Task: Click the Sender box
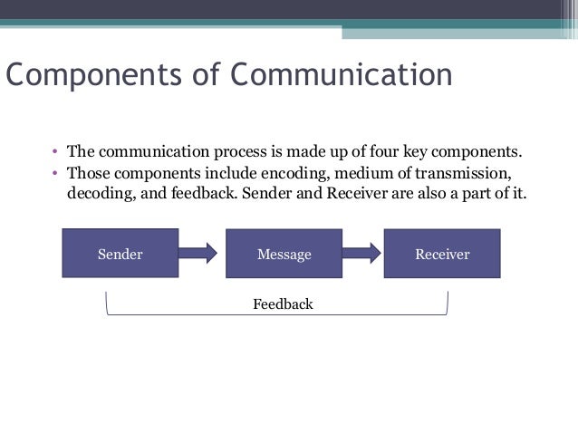pos(120,254)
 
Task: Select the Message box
pos(284,254)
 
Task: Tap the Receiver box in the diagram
pos(442,254)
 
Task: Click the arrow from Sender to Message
pos(197,253)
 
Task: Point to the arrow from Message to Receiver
pos(363,253)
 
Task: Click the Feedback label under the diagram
pos(283,304)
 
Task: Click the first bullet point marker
pos(55,150)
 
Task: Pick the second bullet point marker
pos(55,172)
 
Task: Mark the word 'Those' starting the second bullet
pos(88,172)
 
